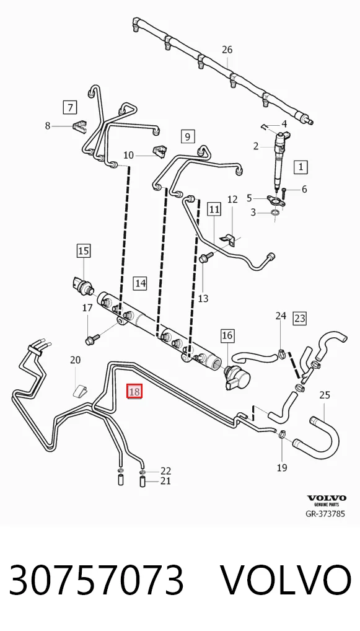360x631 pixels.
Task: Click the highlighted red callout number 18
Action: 134,391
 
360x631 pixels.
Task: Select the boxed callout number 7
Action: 71,107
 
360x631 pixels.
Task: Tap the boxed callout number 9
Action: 188,136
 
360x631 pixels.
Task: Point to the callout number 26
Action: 227,50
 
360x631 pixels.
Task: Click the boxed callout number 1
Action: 301,167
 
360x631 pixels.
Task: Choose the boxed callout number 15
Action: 83,251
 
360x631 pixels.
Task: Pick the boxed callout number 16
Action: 227,335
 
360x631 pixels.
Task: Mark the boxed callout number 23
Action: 300,319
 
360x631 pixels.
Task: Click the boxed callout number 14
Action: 140,283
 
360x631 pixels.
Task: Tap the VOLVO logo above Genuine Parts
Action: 327,498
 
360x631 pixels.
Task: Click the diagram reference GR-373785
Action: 325,513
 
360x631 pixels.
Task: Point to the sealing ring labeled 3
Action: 276,212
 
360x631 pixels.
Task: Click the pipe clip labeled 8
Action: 80,126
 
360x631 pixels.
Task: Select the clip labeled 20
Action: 81,390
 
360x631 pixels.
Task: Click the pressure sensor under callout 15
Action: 83,285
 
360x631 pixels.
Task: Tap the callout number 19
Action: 281,467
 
